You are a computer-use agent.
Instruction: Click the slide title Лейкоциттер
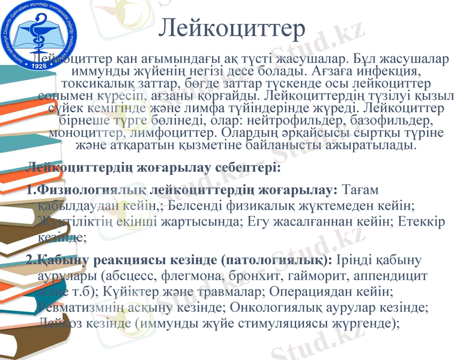pyautogui.click(x=234, y=28)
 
